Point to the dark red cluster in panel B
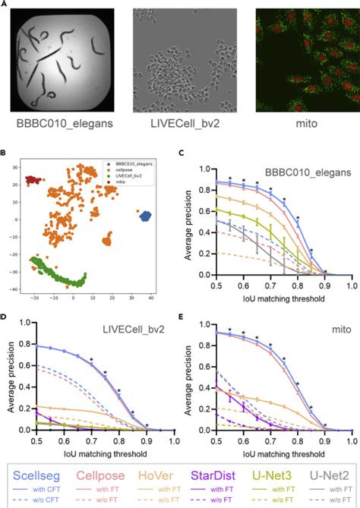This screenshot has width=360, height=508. click(32, 180)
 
